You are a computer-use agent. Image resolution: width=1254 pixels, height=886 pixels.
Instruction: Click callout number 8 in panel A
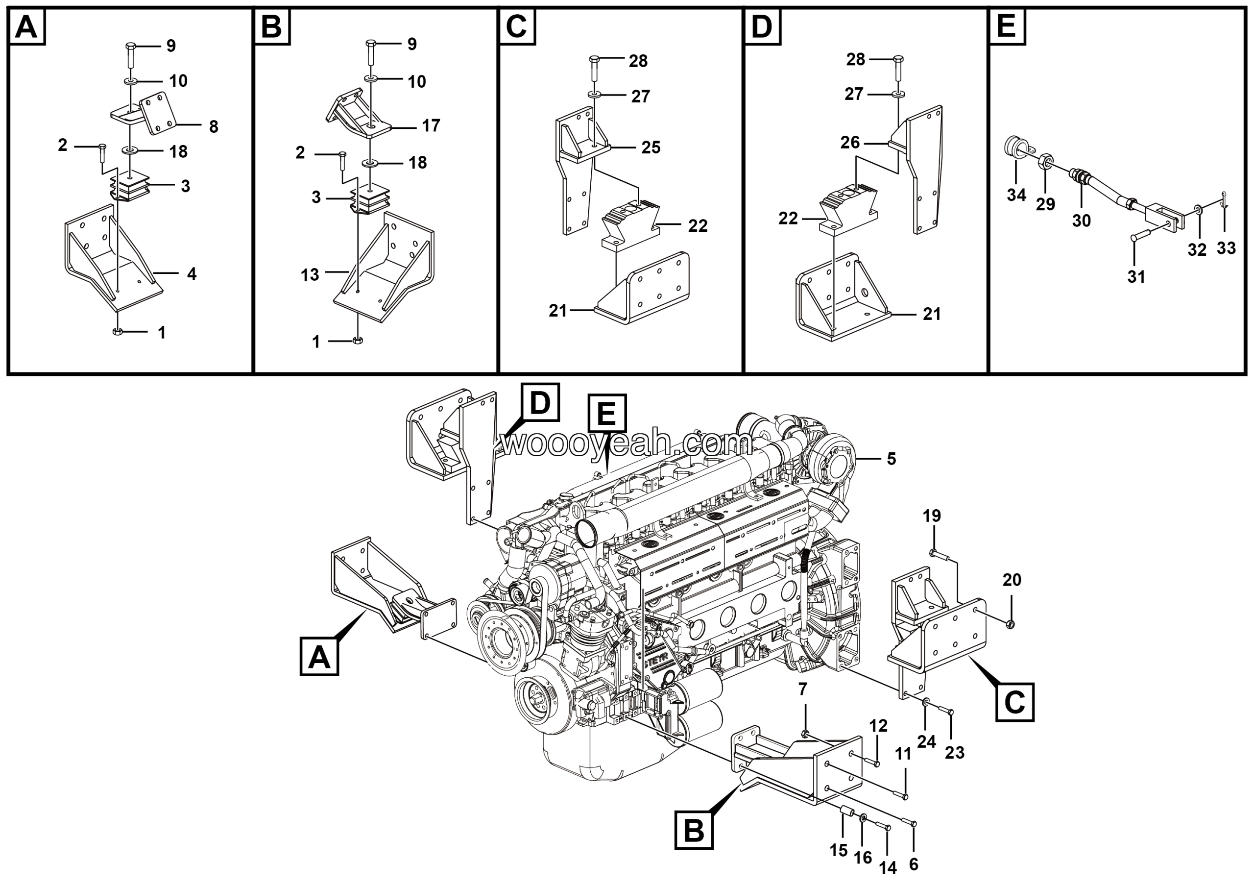click(214, 127)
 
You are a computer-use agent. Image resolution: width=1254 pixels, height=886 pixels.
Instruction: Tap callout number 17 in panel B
click(431, 125)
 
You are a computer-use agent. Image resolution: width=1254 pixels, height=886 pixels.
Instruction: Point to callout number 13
click(310, 275)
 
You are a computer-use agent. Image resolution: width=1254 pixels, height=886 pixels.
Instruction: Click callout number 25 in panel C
click(651, 148)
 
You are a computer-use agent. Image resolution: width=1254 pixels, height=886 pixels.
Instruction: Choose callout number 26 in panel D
click(850, 143)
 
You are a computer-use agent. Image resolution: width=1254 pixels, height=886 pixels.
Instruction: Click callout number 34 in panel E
click(1016, 195)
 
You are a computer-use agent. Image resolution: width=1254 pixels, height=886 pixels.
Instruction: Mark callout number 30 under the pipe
click(1082, 221)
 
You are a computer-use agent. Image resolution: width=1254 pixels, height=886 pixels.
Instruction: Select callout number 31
click(1136, 277)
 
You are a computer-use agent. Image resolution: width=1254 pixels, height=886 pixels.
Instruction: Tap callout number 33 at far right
click(1226, 248)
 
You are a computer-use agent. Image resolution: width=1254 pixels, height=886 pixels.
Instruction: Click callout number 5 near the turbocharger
click(892, 459)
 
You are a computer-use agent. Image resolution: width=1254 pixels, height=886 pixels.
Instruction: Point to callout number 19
click(932, 516)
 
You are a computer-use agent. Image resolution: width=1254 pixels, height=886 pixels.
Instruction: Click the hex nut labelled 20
click(1011, 624)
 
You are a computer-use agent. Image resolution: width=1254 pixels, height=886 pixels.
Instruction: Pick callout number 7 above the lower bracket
click(803, 689)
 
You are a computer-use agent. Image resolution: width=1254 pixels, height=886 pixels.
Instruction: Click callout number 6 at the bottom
click(914, 864)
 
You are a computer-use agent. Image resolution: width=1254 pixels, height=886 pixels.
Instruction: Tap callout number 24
click(926, 741)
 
